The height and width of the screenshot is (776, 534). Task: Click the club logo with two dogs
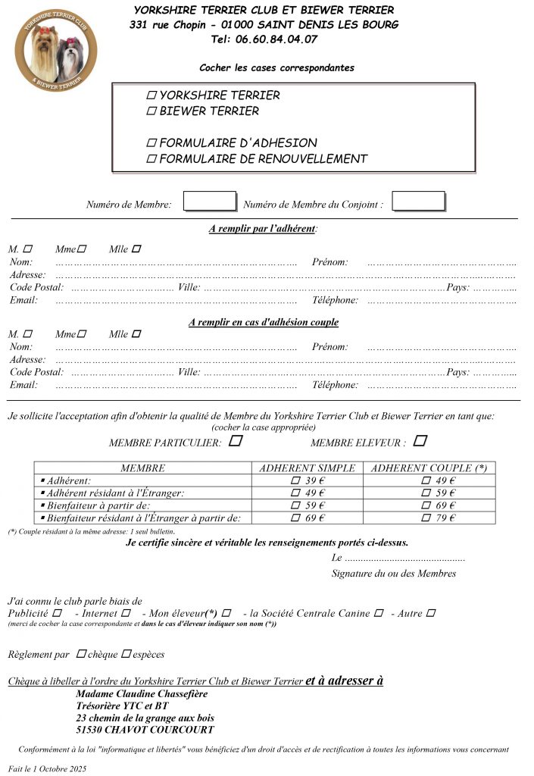tap(56, 50)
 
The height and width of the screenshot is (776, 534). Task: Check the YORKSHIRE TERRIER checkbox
tap(151, 95)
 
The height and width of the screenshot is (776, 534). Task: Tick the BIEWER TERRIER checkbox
tap(151, 111)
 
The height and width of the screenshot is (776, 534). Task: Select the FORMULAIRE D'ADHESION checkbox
tap(151, 142)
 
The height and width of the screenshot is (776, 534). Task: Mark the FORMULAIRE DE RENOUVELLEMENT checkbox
tap(151, 159)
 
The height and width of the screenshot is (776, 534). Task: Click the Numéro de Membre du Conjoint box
tap(418, 202)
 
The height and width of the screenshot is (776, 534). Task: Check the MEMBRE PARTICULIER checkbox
tap(236, 440)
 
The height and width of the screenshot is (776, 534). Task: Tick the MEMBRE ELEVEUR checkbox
tap(420, 440)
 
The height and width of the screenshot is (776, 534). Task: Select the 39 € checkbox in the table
tap(295, 481)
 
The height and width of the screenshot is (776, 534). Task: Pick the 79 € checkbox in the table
tap(426, 518)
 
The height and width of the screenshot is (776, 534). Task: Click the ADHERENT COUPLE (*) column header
tap(429, 468)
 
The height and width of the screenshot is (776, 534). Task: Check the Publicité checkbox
tap(58, 612)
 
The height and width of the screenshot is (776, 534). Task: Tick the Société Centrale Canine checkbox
tap(379, 612)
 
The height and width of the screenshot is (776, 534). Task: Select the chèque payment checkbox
tap(81, 653)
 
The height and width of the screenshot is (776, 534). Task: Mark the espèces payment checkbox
tap(126, 653)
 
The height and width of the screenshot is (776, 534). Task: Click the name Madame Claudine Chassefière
tap(142, 694)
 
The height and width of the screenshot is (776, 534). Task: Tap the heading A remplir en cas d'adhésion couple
tap(264, 322)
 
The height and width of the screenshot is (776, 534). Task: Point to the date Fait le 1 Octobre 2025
tap(48, 768)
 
